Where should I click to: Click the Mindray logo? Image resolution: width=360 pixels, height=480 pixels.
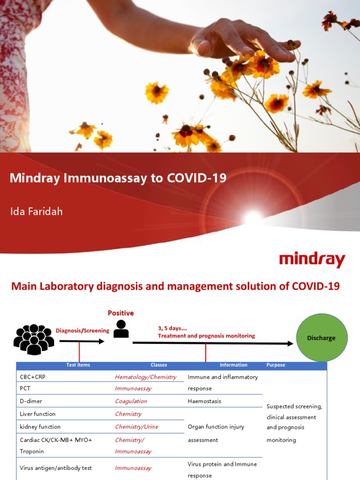(312, 260)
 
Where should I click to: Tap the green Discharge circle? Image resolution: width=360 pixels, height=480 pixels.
(321, 337)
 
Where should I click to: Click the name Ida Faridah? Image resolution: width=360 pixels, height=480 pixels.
(36, 211)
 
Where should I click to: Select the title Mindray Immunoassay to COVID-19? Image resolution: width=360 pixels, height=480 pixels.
(118, 178)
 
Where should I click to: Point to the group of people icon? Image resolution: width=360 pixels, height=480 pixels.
(34, 338)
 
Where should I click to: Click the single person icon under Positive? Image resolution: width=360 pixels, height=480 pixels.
(121, 329)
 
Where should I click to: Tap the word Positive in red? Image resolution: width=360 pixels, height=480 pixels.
(120, 313)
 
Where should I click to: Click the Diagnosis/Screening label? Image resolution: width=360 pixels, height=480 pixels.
(82, 330)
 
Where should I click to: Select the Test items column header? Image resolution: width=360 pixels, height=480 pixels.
(78, 365)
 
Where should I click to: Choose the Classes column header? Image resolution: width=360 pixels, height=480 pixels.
(158, 365)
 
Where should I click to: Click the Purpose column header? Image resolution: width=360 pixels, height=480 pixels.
(276, 365)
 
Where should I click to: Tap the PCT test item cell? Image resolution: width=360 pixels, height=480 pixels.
(25, 388)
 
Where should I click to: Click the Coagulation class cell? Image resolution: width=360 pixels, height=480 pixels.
(131, 401)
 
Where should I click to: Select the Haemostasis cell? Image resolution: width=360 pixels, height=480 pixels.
(204, 401)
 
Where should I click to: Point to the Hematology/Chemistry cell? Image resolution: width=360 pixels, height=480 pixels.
(145, 377)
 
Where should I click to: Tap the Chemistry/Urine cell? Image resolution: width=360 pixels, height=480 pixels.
(136, 427)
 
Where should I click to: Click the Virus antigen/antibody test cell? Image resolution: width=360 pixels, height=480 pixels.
(56, 468)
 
